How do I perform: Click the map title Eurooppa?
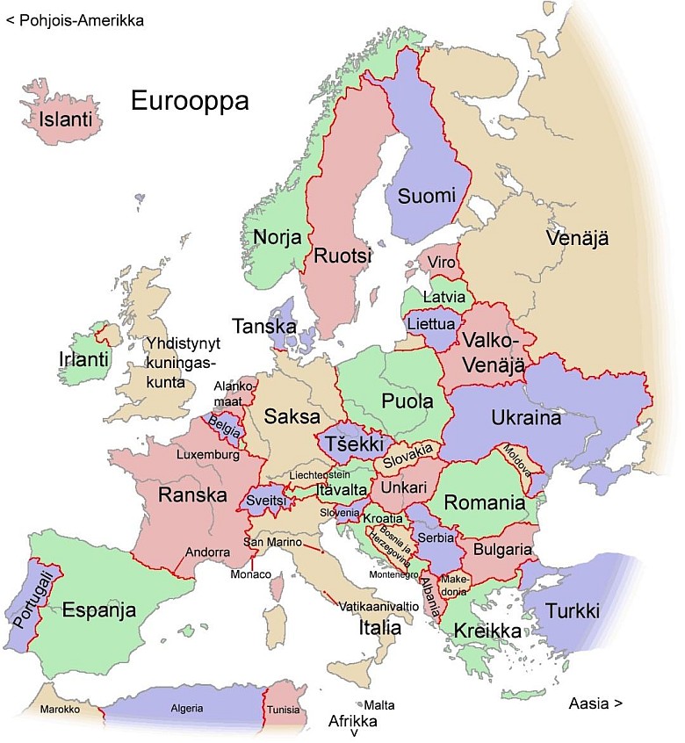tap(190, 100)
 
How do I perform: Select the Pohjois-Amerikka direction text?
tap(75, 19)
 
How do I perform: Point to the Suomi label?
tap(426, 196)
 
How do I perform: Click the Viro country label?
tap(442, 263)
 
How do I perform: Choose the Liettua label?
tap(430, 324)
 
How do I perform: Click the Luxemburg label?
tap(207, 456)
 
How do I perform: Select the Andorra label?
tap(208, 552)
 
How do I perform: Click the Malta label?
tap(379, 705)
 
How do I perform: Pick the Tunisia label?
tap(282, 710)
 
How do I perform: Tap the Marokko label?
tap(61, 709)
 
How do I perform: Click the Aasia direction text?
tap(595, 703)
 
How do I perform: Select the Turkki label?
tap(573, 610)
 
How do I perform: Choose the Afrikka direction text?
tap(352, 721)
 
